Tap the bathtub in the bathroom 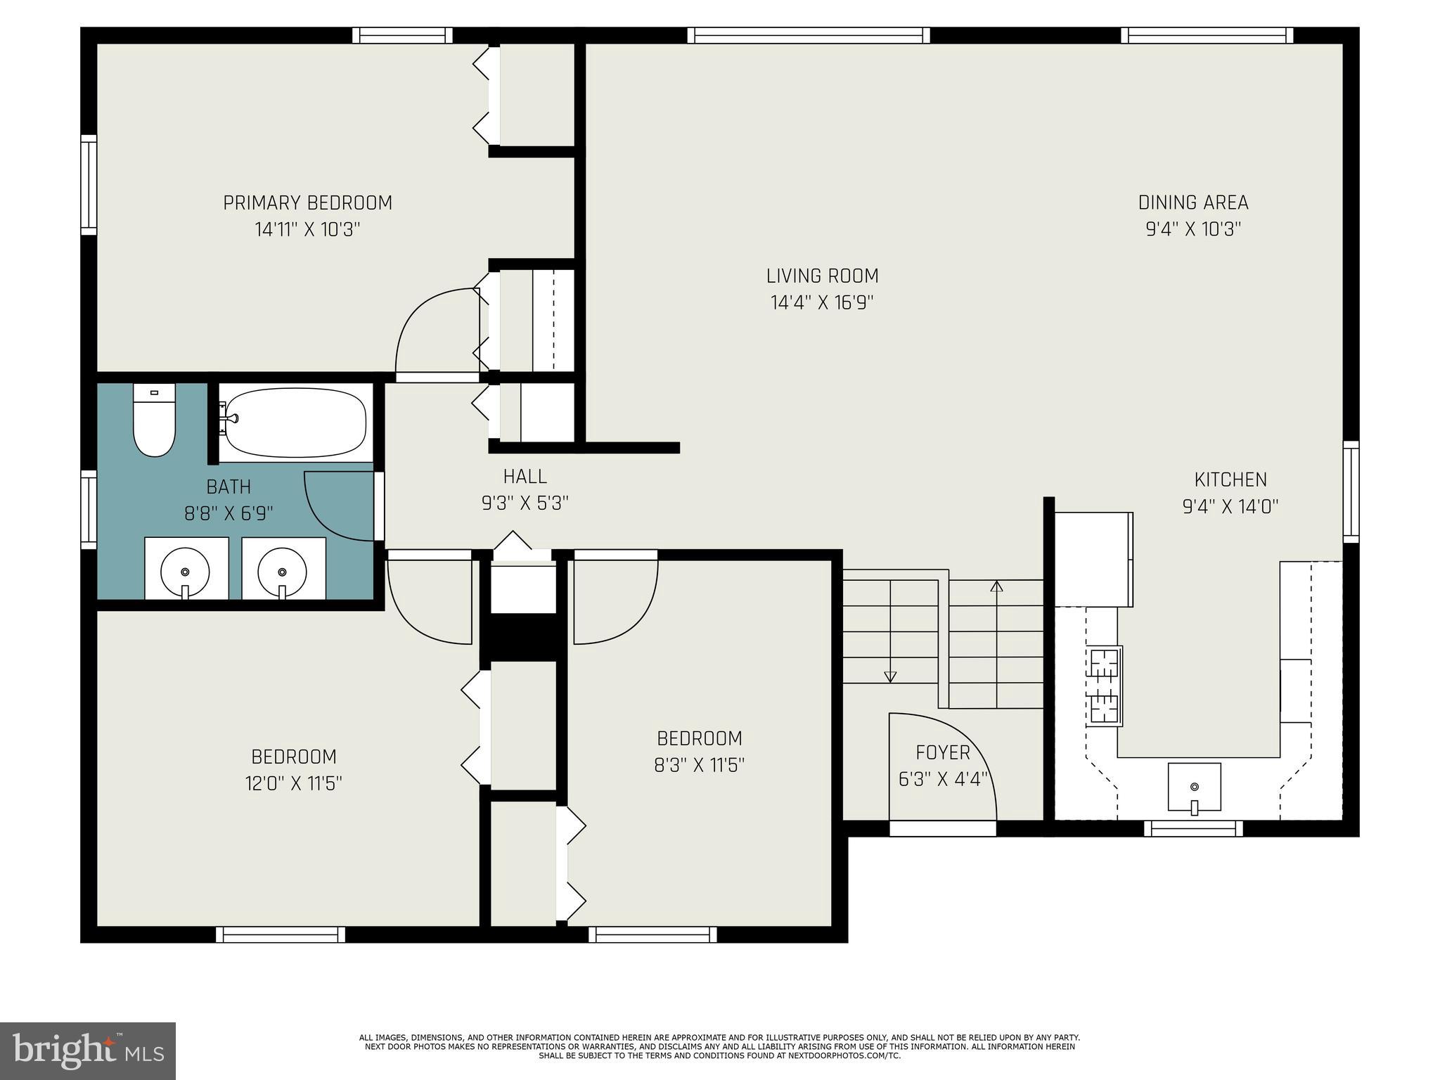pyautogui.click(x=296, y=423)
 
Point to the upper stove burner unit pyautogui.click(x=1105, y=663)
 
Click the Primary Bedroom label pyautogui.click(x=307, y=203)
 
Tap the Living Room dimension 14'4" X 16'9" pyautogui.click(x=822, y=303)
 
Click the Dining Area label pyautogui.click(x=1193, y=203)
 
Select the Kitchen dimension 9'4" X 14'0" pyautogui.click(x=1230, y=507)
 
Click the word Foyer pyautogui.click(x=943, y=753)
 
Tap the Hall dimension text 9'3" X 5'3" pyautogui.click(x=525, y=503)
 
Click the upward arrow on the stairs pyautogui.click(x=996, y=586)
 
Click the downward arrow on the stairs pyautogui.click(x=890, y=676)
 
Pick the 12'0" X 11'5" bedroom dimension pyautogui.click(x=293, y=784)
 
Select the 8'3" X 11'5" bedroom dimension pyautogui.click(x=699, y=766)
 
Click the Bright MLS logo pyautogui.click(x=88, y=1050)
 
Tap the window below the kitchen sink pyautogui.click(x=1193, y=829)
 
